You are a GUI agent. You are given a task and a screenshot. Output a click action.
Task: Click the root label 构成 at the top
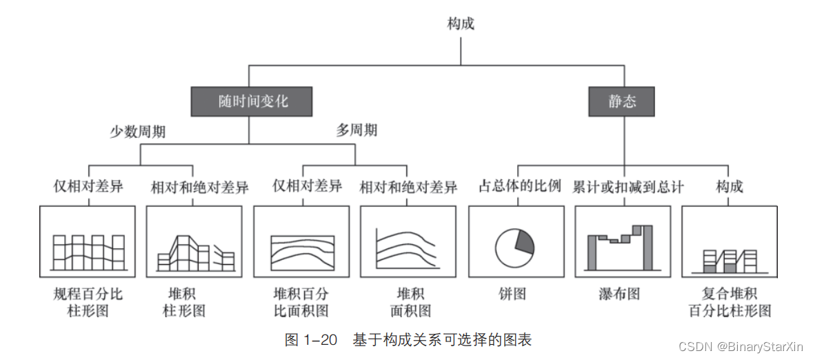point(461,23)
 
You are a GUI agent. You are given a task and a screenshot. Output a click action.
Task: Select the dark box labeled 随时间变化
point(252,102)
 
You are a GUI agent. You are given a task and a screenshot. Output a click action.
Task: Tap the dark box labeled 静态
point(621,102)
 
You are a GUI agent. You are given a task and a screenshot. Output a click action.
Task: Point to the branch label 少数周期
point(138,132)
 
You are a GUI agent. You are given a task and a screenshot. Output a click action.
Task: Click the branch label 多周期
point(357,130)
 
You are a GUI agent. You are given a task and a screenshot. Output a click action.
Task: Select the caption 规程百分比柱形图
point(88,302)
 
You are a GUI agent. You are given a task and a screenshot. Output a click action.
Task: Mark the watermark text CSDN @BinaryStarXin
point(742,346)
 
